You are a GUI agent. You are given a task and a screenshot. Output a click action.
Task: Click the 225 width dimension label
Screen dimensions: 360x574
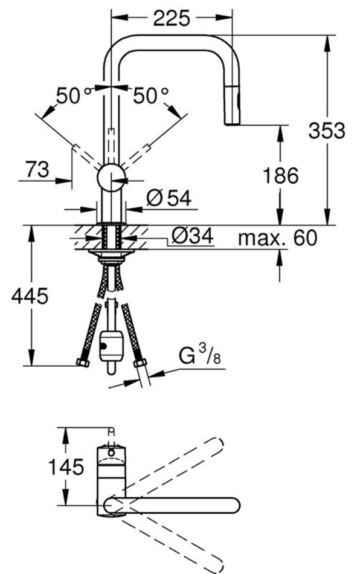171,18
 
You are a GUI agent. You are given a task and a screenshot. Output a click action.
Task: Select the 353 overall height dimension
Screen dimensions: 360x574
327,131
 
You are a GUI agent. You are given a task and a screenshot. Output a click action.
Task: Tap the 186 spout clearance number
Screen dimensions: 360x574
281,175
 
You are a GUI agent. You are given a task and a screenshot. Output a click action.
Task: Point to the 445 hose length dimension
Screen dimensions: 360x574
30,296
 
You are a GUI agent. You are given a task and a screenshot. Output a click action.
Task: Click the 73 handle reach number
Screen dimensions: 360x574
37,170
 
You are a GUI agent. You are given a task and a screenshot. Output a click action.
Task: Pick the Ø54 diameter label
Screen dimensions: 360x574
169,199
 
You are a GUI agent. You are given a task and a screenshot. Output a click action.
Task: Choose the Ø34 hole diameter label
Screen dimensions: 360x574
192,236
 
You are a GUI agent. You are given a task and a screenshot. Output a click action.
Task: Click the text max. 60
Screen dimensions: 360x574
277,238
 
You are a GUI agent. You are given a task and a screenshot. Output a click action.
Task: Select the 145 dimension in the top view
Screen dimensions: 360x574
66,467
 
